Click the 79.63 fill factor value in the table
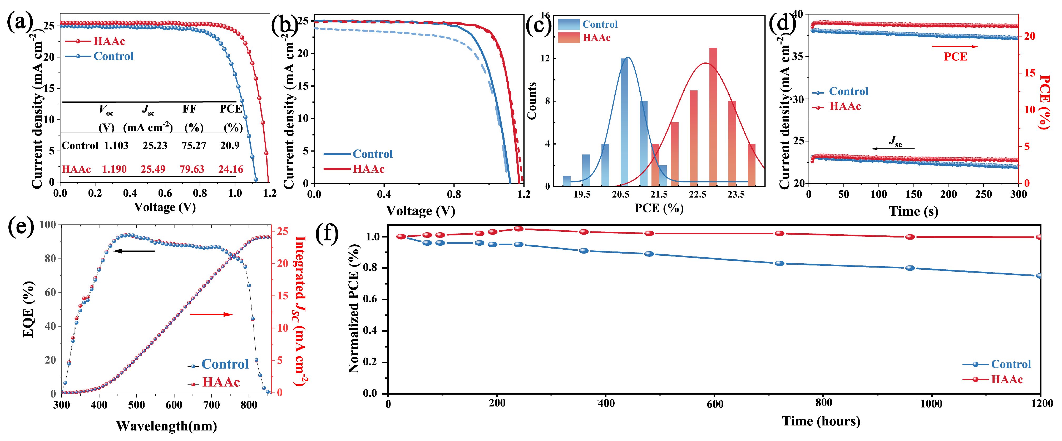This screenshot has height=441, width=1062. click(x=192, y=169)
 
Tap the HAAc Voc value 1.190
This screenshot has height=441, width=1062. click(x=114, y=169)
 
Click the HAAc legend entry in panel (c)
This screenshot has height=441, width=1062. click(x=596, y=37)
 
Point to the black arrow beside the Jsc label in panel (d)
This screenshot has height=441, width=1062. click(x=893, y=148)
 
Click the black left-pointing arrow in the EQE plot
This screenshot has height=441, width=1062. click(x=134, y=251)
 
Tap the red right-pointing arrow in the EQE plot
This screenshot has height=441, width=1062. click(x=211, y=314)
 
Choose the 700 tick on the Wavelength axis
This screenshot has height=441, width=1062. click(x=211, y=405)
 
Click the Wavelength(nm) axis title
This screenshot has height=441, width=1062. click(x=167, y=426)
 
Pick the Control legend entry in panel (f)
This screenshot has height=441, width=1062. click(x=1010, y=364)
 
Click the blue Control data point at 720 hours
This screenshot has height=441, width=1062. click(x=779, y=263)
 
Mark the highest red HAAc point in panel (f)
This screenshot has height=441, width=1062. click(x=519, y=229)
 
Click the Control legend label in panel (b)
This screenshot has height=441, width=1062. click(x=372, y=154)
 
